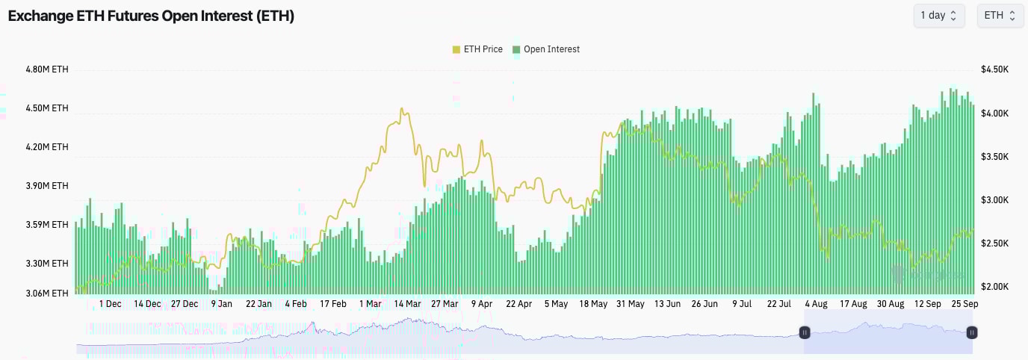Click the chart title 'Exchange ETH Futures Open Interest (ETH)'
tap(151, 16)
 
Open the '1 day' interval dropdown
tap(938, 16)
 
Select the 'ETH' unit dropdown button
tap(1000, 16)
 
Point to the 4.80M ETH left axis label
tap(46, 69)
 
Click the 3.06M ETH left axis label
tap(46, 294)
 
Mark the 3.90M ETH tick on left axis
tap(46, 186)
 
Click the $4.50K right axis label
tap(995, 69)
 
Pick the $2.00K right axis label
tap(995, 287)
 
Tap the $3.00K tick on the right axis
tap(995, 200)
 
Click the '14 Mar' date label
tap(408, 304)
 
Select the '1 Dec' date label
tap(110, 304)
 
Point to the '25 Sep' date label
tap(964, 304)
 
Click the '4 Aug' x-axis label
tap(816, 304)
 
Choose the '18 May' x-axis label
tap(593, 304)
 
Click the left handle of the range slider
tap(805, 332)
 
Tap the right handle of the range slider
tap(971, 332)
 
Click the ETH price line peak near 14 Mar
tap(402, 109)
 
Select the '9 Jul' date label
tap(742, 304)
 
